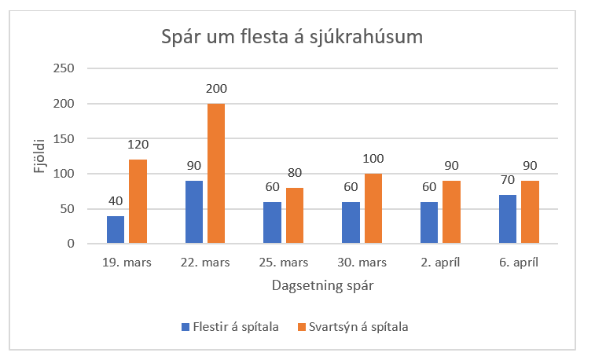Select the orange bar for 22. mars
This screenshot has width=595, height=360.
(x=216, y=174)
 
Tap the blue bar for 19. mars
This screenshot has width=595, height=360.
(x=116, y=230)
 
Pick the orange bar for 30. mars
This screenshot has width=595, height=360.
(x=373, y=208)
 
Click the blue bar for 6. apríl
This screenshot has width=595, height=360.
(x=508, y=219)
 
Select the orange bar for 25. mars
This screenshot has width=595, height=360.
(x=295, y=215)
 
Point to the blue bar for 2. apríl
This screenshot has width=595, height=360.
(x=429, y=222)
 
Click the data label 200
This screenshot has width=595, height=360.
(x=216, y=89)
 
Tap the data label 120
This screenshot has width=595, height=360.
(x=138, y=145)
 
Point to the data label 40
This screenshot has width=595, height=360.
(x=116, y=201)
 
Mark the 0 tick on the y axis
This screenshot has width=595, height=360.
(x=70, y=244)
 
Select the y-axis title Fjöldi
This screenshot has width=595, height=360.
(x=39, y=156)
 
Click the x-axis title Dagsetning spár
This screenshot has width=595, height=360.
(x=322, y=286)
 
